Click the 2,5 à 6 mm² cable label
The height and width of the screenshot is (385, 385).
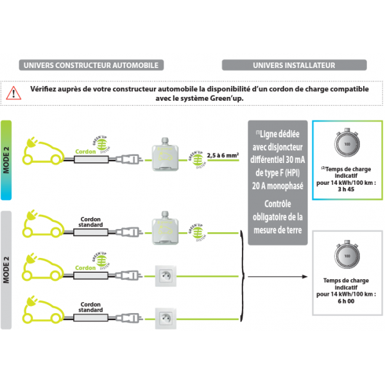[223, 155]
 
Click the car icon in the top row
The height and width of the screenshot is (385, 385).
[41, 152]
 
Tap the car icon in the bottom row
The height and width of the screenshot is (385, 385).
[41, 311]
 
